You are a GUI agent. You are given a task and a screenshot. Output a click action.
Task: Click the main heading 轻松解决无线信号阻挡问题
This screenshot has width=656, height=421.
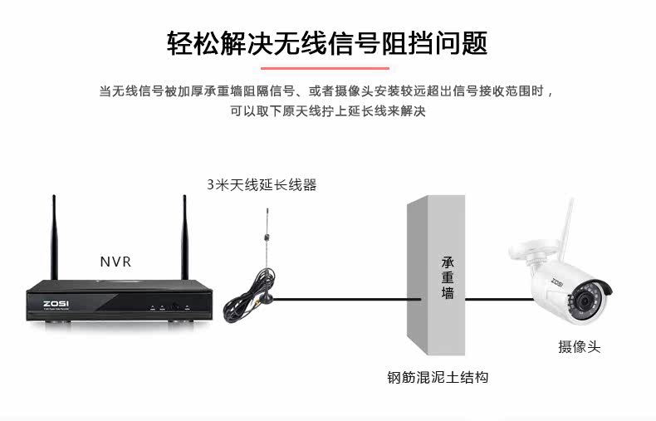[327, 42]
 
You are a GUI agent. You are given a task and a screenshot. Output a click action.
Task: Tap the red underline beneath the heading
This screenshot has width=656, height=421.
[327, 68]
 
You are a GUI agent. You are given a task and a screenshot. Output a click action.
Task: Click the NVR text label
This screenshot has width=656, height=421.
[115, 262]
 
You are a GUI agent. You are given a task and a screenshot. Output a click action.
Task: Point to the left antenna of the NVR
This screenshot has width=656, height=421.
[54, 237]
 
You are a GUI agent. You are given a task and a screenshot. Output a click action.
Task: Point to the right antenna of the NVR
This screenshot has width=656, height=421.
[184, 237]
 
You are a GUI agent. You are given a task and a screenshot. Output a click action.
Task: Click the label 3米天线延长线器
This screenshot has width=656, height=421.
[262, 185]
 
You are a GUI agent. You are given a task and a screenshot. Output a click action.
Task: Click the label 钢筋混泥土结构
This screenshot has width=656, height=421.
[438, 377]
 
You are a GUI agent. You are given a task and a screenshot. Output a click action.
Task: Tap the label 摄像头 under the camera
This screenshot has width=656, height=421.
[579, 347]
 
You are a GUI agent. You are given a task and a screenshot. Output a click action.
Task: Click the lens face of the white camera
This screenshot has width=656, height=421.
[585, 300]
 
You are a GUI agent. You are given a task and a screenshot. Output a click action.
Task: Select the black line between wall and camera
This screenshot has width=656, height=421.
[490, 298]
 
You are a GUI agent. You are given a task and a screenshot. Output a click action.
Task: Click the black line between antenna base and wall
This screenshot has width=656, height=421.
[340, 298]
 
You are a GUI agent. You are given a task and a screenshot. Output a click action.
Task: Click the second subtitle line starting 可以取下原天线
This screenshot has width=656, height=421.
[327, 110]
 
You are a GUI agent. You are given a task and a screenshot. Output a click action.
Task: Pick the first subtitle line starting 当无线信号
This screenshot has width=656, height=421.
[327, 91]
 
